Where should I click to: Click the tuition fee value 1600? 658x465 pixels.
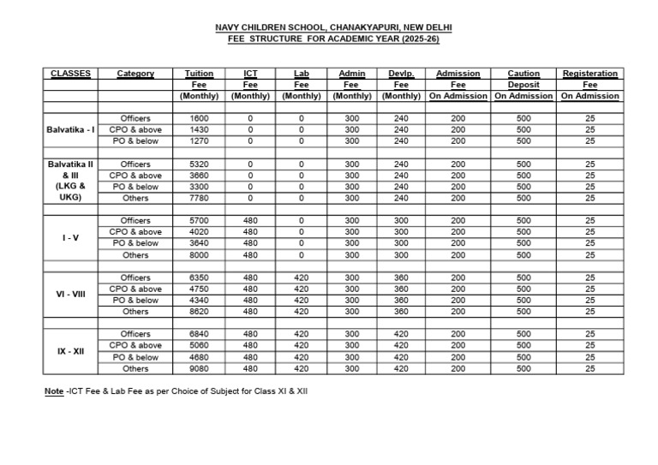pyautogui.click(x=199, y=118)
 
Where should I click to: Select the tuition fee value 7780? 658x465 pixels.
pyautogui.click(x=199, y=198)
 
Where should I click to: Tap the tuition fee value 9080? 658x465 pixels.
pyautogui.click(x=199, y=368)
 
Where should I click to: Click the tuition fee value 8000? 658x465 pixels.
pyautogui.click(x=199, y=254)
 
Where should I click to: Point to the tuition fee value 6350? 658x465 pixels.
pyautogui.click(x=199, y=277)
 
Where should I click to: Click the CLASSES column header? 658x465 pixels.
pyautogui.click(x=71, y=74)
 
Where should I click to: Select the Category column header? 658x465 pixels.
pyautogui.click(x=135, y=74)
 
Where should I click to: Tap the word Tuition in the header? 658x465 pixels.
pyautogui.click(x=199, y=74)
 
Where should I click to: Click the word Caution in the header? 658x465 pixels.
pyautogui.click(x=523, y=74)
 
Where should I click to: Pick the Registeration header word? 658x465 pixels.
pyautogui.click(x=589, y=74)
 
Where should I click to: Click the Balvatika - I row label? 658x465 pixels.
pyautogui.click(x=71, y=129)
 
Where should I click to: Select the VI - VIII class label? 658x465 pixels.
pyautogui.click(x=71, y=294)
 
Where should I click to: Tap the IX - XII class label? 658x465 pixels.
pyautogui.click(x=71, y=351)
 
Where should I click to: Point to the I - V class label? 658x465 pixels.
pyautogui.click(x=71, y=237)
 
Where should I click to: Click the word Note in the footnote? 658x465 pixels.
pyautogui.click(x=53, y=391)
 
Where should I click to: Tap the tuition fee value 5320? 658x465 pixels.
pyautogui.click(x=199, y=164)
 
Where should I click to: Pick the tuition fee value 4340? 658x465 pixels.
pyautogui.click(x=199, y=301)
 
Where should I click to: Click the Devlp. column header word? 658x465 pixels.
pyautogui.click(x=401, y=74)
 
